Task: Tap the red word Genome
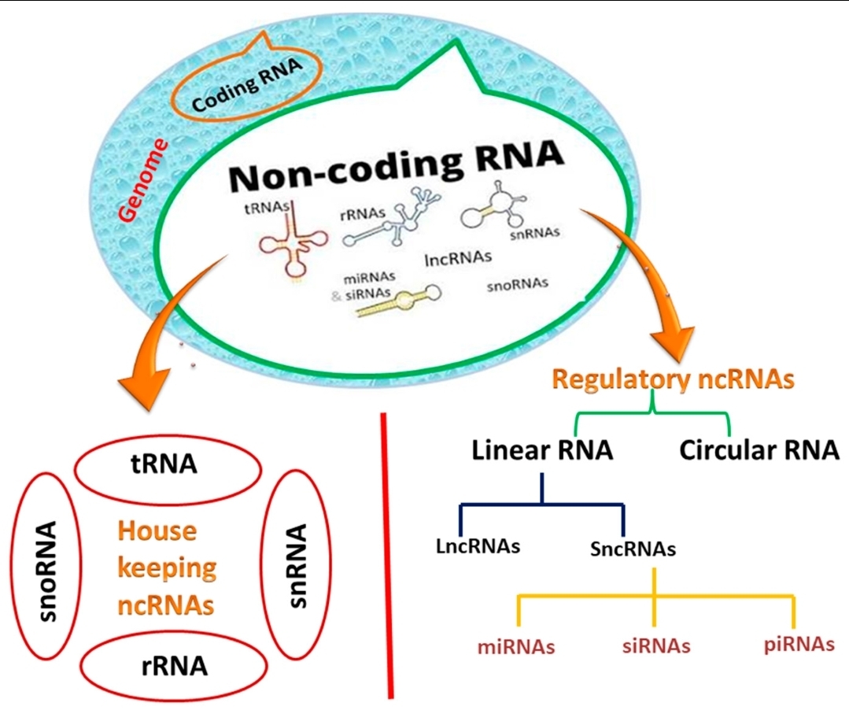tap(143, 180)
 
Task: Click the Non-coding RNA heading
tap(397, 165)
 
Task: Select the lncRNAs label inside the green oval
tap(458, 257)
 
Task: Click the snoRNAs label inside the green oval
tap(518, 284)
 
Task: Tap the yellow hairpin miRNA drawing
tap(399, 301)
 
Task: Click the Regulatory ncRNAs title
tap(673, 379)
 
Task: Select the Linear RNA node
tap(542, 450)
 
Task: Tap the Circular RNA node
tap(759, 450)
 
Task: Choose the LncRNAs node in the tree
tap(478, 546)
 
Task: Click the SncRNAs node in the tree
tap(633, 549)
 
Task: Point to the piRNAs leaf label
tap(799, 645)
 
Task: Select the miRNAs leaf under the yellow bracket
tap(516, 647)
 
